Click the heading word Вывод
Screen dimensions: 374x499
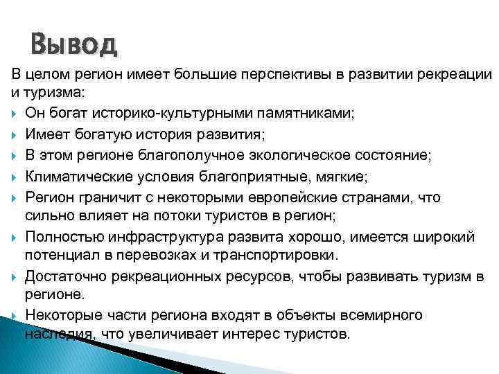(74, 46)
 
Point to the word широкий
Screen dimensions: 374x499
(444, 237)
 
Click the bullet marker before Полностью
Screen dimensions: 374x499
(15, 238)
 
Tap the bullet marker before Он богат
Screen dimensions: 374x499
(15, 113)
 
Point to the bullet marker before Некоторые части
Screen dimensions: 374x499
(15, 316)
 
